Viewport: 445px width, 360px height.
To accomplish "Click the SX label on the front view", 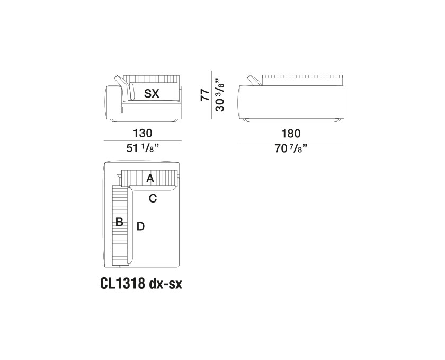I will point(152,94).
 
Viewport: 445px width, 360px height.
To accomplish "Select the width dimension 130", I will point(143,134).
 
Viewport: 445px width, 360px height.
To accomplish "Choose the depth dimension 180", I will point(290,134).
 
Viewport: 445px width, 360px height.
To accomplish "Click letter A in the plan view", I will point(150,179).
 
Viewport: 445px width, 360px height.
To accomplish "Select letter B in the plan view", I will point(120,222).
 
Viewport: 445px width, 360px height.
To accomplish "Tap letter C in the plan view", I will point(153,199).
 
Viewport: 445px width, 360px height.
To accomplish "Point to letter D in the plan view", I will point(140,227).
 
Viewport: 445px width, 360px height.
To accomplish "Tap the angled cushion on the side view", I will point(255,80).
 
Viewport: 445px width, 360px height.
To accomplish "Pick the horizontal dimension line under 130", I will point(143,141).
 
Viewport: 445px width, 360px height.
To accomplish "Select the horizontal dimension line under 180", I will point(290,141).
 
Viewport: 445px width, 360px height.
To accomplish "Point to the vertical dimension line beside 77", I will point(212,96).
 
